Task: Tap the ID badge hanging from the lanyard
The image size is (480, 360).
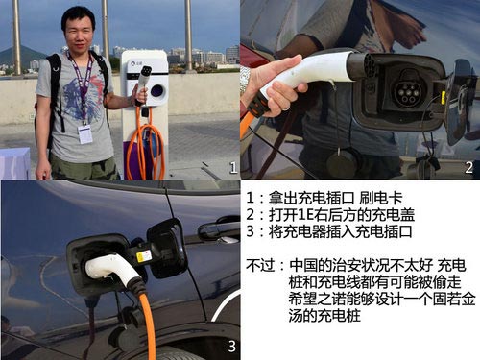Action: point(84,133)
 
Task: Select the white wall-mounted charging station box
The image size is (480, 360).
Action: point(145,76)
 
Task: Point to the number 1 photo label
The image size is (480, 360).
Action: point(230,168)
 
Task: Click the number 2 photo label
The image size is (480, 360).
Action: point(468,168)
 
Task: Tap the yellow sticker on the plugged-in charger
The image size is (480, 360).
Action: point(143,256)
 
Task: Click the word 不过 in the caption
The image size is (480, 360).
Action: point(262,262)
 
